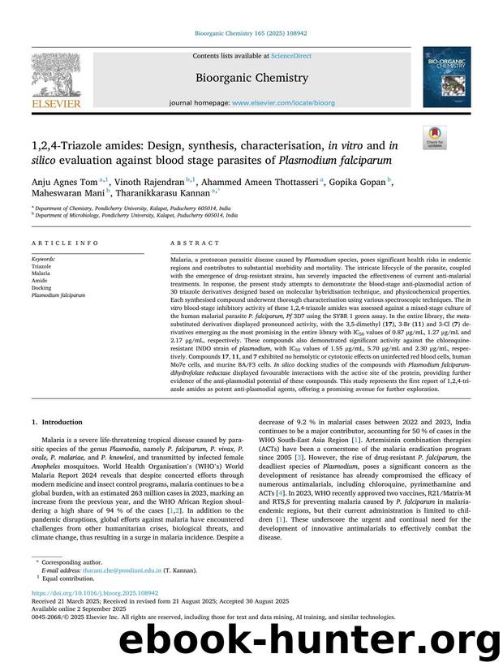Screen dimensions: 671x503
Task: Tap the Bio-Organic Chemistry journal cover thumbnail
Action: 445,77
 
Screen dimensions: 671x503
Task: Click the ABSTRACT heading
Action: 195,243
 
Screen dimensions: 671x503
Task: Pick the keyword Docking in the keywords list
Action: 41,288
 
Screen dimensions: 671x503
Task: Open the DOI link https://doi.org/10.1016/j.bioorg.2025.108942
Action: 95,593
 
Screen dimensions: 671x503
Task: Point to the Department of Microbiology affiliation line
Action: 137,216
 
